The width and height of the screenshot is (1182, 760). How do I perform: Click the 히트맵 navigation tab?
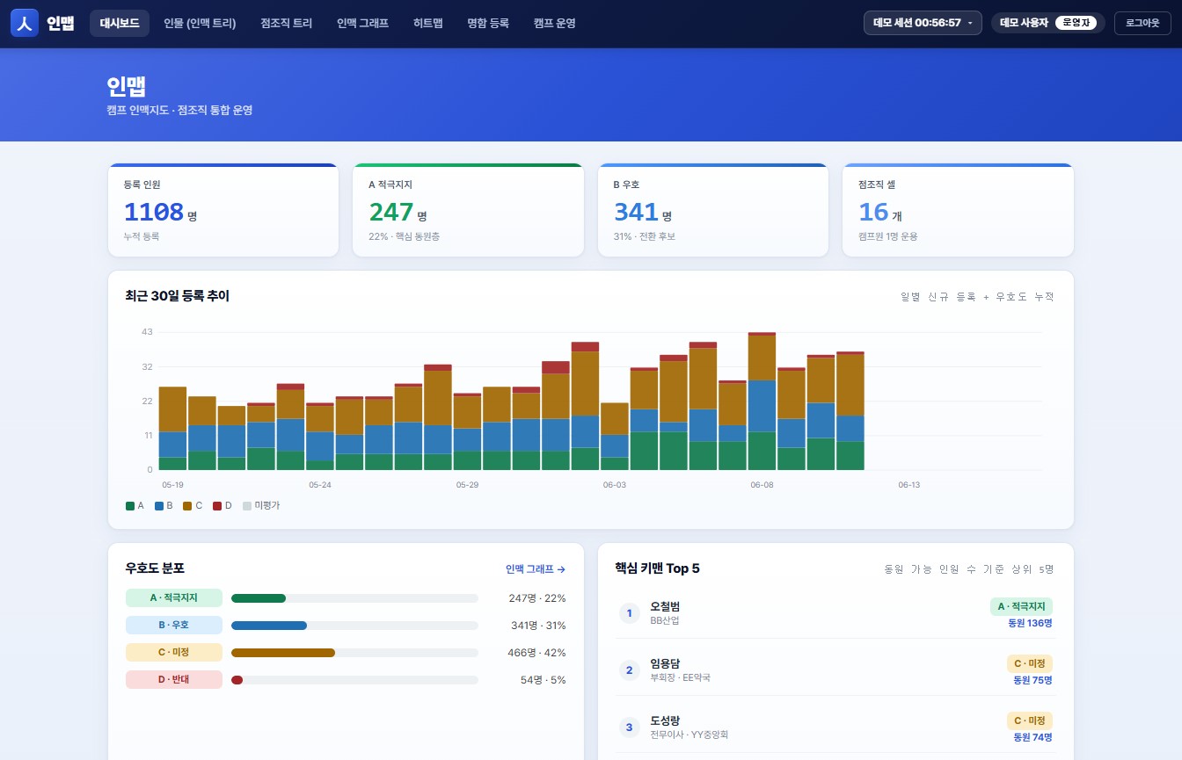pyautogui.click(x=427, y=23)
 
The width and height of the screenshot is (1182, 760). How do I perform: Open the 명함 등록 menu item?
pyautogui.click(x=487, y=23)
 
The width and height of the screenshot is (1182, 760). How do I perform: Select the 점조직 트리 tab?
pyautogui.click(x=286, y=23)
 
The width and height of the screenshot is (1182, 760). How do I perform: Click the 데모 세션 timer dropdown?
pyautogui.click(x=923, y=23)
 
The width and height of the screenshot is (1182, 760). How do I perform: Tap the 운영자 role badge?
pyautogui.click(x=1076, y=23)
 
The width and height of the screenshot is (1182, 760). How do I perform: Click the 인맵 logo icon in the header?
pyautogui.click(x=25, y=23)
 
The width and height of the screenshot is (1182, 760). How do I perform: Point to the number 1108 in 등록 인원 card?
pyautogui.click(x=154, y=212)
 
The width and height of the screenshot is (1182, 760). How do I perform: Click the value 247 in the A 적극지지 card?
pyautogui.click(x=391, y=212)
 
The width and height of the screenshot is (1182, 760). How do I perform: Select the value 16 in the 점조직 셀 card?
pyautogui.click(x=873, y=212)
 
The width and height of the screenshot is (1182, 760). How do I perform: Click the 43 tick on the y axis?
pyautogui.click(x=147, y=331)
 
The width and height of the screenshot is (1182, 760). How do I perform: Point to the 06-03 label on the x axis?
pyautogui.click(x=614, y=485)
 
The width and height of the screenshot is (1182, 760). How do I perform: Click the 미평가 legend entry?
pyautogui.click(x=261, y=505)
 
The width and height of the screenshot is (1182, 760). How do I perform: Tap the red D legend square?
pyautogui.click(x=217, y=506)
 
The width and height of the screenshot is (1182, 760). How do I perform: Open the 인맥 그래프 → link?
pyautogui.click(x=535, y=569)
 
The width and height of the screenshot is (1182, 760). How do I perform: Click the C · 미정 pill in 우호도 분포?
pyautogui.click(x=173, y=653)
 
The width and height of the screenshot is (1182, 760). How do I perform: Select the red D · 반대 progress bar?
pyautogui.click(x=237, y=680)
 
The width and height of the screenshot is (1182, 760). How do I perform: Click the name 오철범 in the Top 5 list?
pyautogui.click(x=665, y=606)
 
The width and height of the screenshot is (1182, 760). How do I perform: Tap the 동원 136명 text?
pyautogui.click(x=1030, y=623)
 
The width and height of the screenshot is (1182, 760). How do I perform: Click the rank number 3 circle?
pyautogui.click(x=629, y=727)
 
